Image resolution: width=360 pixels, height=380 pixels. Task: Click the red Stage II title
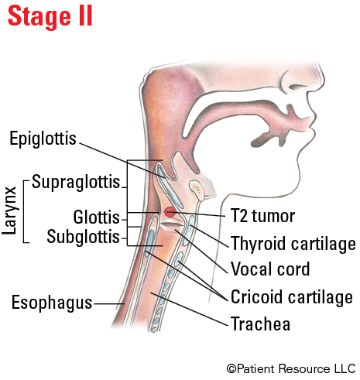coord(50,16)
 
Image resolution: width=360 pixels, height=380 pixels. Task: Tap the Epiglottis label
coord(43,139)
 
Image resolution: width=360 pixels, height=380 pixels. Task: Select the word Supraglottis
coord(76,183)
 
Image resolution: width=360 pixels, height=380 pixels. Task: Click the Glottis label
coord(96,217)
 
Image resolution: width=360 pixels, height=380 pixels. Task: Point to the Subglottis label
coord(83,237)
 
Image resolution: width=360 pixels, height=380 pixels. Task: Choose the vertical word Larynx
coord(10,211)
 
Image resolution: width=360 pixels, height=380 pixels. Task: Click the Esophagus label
coord(52,303)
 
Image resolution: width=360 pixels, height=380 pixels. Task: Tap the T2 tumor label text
coord(263,216)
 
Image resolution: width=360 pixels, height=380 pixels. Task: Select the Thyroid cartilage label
coord(293,244)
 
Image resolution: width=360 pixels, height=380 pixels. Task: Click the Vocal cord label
coord(270,269)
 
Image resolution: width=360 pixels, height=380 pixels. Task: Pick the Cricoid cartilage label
coord(292,297)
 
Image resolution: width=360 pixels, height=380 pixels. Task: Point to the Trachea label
coord(260,324)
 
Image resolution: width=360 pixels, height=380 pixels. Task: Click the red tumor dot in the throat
coord(170,212)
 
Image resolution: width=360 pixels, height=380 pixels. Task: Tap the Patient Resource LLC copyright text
coord(291,368)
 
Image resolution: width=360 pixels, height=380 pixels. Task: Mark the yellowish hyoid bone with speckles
coord(197,190)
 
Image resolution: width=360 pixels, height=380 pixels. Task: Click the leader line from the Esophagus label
coord(109,303)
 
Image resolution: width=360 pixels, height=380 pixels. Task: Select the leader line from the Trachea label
coord(190,309)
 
